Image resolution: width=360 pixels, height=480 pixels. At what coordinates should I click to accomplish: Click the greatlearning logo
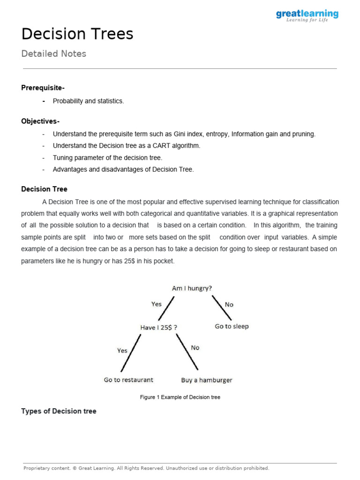(x=307, y=15)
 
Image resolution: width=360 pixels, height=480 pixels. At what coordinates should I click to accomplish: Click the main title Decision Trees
(x=77, y=34)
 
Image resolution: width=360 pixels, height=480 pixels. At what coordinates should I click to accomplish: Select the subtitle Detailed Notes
(x=54, y=54)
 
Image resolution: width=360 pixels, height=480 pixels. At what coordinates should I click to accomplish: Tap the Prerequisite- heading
(x=43, y=88)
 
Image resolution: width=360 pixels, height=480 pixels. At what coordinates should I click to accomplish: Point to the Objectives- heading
(x=40, y=121)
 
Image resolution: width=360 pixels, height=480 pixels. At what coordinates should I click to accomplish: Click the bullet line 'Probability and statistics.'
(x=88, y=101)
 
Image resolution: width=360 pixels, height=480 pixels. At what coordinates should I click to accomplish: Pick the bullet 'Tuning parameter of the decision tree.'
(x=107, y=158)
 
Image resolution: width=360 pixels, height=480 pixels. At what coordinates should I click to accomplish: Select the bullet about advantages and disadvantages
(x=123, y=170)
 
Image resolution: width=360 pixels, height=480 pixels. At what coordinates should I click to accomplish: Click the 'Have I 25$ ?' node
(x=159, y=328)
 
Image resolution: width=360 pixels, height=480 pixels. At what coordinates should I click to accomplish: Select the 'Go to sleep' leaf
(x=232, y=327)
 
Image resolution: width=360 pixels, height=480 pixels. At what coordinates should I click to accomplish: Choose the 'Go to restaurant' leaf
(x=128, y=380)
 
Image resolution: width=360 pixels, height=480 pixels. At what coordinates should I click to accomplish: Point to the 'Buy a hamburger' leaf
(x=207, y=380)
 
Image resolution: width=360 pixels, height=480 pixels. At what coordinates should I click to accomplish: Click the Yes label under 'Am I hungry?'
(x=157, y=304)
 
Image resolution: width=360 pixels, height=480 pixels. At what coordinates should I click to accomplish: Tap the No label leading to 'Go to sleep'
(x=229, y=305)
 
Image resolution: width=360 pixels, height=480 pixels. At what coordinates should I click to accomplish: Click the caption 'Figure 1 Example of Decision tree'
(x=180, y=397)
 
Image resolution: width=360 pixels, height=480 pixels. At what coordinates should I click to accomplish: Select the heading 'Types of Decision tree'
(x=59, y=412)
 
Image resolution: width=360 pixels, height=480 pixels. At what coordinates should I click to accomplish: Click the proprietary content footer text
(x=146, y=468)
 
